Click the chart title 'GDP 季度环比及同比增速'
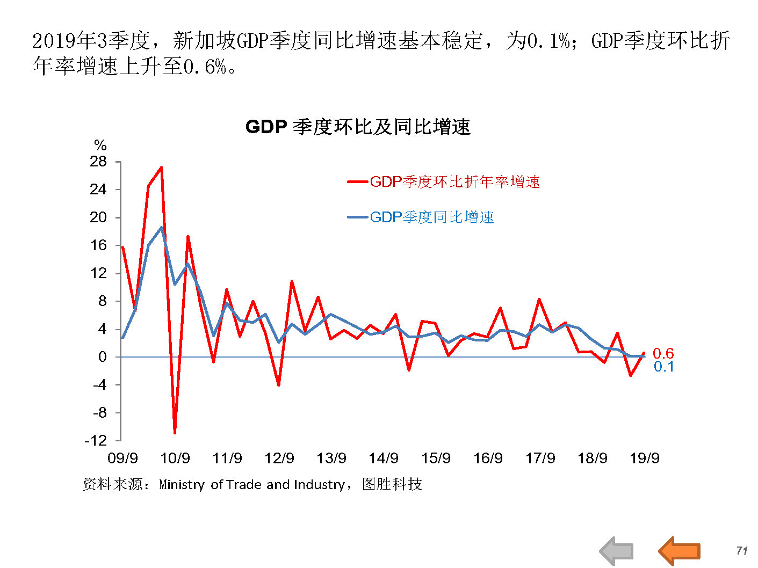[358, 127]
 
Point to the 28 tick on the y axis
[98, 162]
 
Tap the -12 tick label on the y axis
[96, 441]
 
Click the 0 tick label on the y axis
[102, 357]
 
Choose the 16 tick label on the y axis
[98, 245]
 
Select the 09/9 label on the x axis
[122, 458]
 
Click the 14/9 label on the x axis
[384, 458]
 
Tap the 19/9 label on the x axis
[644, 458]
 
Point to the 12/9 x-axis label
[279, 458]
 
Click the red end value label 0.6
[663, 353]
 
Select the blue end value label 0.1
[663, 367]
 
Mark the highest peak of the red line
[162, 168]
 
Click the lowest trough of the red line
[175, 432]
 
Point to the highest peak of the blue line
[161, 228]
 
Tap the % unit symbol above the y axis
[100, 145]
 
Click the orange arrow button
[680, 550]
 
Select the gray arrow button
[616, 551]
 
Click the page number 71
[742, 550]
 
